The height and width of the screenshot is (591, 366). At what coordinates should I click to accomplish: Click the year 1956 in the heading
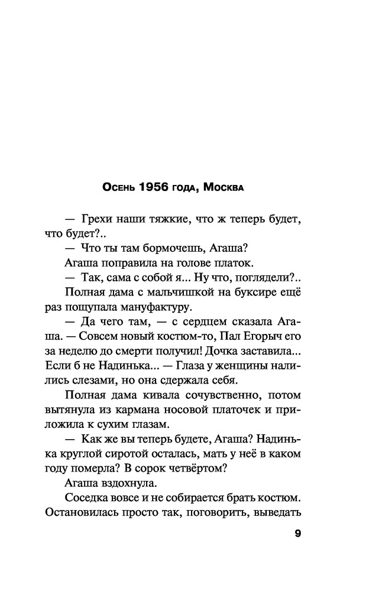click(154, 188)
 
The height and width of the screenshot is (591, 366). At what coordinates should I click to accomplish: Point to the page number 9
click(297, 535)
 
